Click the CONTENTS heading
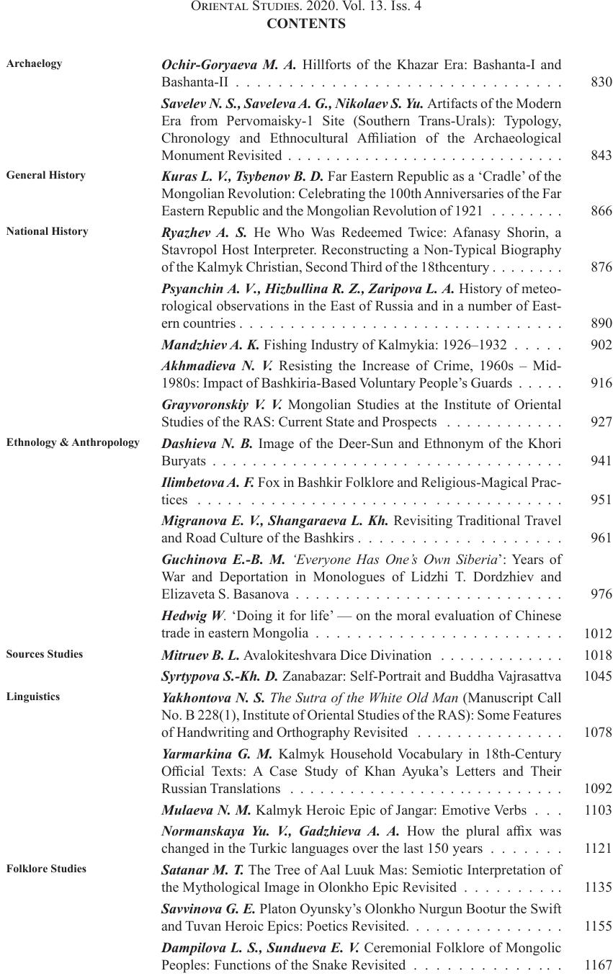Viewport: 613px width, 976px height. pyautogui.click(x=305, y=24)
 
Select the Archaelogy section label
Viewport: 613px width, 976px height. pyautogui.click(x=34, y=63)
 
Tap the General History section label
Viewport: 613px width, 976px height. pyautogui.click(x=45, y=175)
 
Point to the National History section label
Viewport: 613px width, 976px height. pyautogui.click(x=47, y=231)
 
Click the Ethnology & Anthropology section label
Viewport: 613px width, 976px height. pyautogui.click(x=73, y=442)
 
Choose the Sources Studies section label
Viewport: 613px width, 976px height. pyautogui.click(x=44, y=654)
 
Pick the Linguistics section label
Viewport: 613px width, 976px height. pyautogui.click(x=33, y=697)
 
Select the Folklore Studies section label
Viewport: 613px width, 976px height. pyautogui.click(x=46, y=869)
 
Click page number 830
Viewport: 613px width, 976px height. pyautogui.click(x=601, y=82)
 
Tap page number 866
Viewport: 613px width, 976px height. pyautogui.click(x=601, y=211)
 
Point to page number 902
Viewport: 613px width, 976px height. pyautogui.click(x=601, y=345)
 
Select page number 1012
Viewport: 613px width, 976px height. pyautogui.click(x=598, y=634)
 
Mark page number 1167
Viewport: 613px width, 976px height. pyautogui.click(x=598, y=965)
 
